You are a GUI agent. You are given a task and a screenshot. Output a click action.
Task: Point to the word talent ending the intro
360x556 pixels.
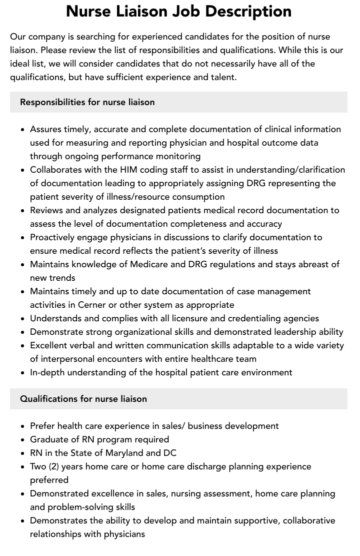(221, 77)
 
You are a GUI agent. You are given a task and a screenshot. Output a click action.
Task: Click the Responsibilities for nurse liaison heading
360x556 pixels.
(87, 102)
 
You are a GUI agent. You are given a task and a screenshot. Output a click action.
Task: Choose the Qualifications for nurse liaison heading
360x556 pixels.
(83, 399)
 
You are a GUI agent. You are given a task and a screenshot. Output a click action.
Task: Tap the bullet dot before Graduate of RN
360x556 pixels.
(22, 440)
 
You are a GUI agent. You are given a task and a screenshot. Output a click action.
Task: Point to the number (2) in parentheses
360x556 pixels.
(55, 466)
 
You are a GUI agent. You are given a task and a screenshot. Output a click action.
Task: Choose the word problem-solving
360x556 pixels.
(83, 507)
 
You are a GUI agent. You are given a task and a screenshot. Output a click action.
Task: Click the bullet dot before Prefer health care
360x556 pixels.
(22, 426)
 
